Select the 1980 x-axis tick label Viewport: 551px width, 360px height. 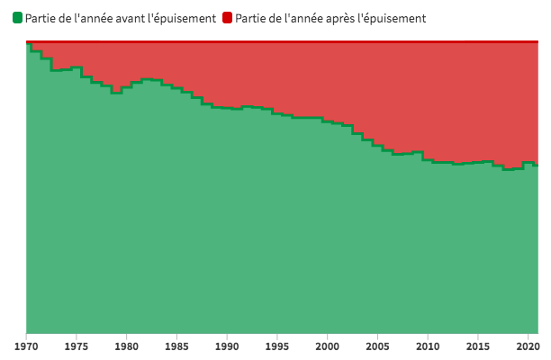click(x=127, y=345)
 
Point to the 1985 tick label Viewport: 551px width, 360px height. click(x=177, y=345)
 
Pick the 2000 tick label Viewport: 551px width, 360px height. click(x=328, y=345)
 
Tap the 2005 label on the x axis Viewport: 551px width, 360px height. click(x=378, y=345)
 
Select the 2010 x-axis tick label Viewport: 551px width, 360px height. click(x=428, y=345)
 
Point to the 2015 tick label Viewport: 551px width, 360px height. click(x=478, y=345)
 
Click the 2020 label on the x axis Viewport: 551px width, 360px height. click(x=528, y=345)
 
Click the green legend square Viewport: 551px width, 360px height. click(x=17, y=18)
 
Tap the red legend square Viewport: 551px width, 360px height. click(x=227, y=18)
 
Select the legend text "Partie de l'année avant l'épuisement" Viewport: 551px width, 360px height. click(x=121, y=18)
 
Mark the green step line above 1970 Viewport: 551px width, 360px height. click(x=29, y=43)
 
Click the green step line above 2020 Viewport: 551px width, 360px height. click(x=528, y=163)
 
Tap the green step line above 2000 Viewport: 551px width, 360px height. click(x=328, y=121)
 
